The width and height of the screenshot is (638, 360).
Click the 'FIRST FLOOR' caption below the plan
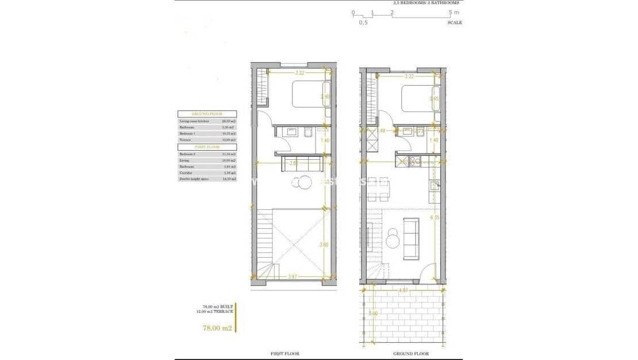tap(285, 354)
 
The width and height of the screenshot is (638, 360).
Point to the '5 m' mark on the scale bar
tap(454, 12)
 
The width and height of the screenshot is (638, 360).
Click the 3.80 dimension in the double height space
tap(323, 245)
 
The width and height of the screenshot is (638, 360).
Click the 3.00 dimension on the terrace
tap(374, 314)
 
